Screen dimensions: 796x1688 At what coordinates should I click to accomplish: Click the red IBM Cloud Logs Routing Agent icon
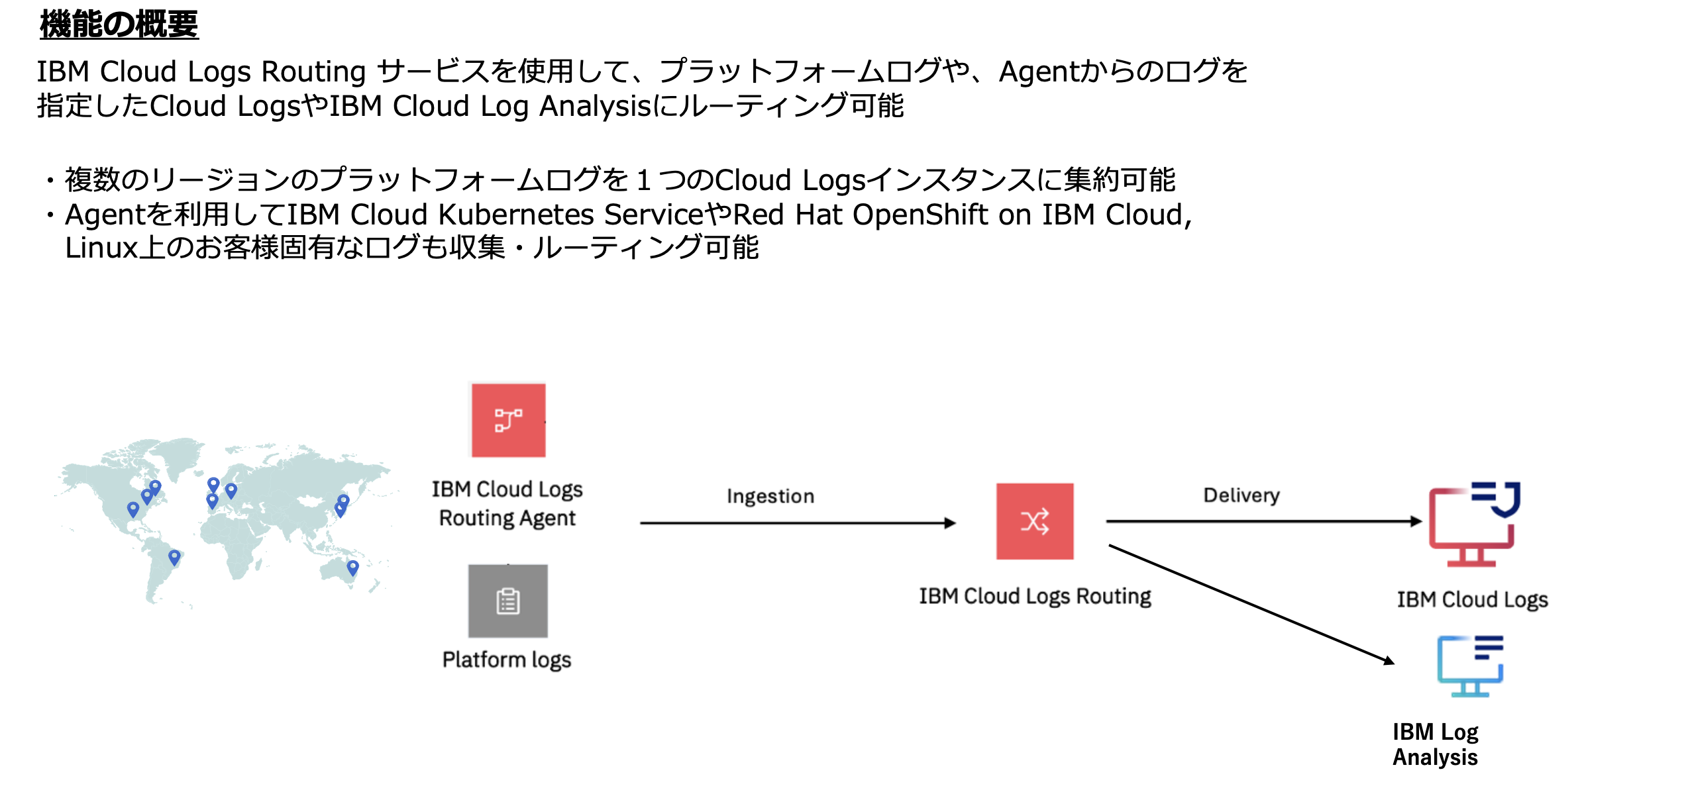tap(508, 421)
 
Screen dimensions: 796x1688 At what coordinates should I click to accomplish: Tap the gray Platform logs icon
tap(508, 601)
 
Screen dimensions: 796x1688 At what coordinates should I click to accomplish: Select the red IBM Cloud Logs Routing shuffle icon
tap(1035, 521)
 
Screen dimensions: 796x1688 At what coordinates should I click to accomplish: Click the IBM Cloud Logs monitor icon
tap(1473, 524)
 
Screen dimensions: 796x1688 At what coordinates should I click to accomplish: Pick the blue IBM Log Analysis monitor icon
tap(1470, 666)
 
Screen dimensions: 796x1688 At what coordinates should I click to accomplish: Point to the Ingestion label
tap(770, 496)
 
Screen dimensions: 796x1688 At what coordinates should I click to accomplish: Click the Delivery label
tap(1241, 495)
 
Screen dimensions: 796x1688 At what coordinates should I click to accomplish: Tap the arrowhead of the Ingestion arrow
tap(951, 523)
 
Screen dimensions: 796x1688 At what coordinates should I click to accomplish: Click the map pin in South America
tap(174, 557)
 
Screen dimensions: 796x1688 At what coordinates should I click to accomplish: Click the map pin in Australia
tap(352, 567)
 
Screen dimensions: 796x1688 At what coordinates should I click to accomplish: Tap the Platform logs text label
tap(507, 660)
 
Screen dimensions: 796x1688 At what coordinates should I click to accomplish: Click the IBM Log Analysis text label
tap(1435, 744)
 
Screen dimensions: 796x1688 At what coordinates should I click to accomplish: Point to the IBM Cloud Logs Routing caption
tap(1035, 596)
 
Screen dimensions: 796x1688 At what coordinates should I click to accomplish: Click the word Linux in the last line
tap(101, 248)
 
